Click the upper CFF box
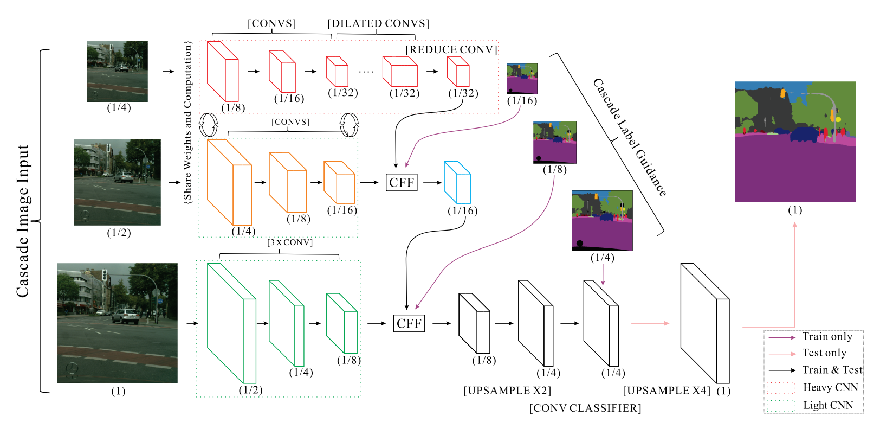coord(402,182)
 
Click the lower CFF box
coord(409,323)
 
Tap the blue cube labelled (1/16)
coord(457,182)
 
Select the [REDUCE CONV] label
coord(451,49)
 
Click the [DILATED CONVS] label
coord(378,23)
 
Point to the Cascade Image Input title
coord(23,221)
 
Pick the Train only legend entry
coord(827,337)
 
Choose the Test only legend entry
coord(824,353)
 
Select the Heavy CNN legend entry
coord(830,387)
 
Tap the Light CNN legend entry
coord(827,405)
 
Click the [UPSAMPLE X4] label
coord(667,391)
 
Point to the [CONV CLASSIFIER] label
coord(585,408)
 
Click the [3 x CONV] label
coord(290,242)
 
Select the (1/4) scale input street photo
coord(118,72)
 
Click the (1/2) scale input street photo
coord(118,182)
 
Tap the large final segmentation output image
coord(795,142)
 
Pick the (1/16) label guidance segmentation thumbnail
coord(522,79)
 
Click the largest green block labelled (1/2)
coord(231,323)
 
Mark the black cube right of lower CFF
coord(474,323)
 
